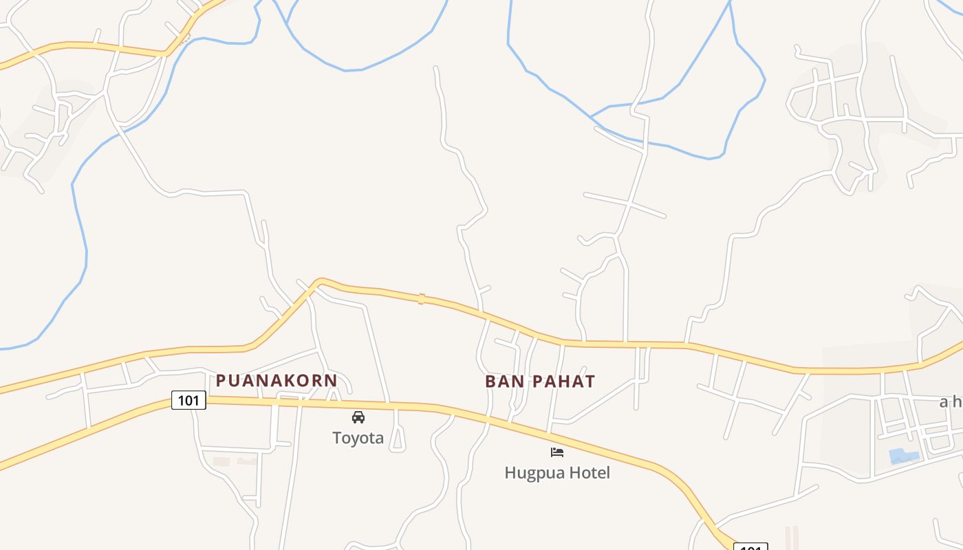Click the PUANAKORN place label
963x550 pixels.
click(x=277, y=380)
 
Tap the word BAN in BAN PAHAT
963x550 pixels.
click(x=501, y=382)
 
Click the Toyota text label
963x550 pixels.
click(x=358, y=438)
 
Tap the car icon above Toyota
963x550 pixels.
click(x=358, y=417)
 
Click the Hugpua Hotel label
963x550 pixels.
click(x=557, y=473)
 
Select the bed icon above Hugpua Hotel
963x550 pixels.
click(x=557, y=452)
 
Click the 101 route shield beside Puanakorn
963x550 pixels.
click(x=188, y=400)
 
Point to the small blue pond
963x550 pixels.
click(x=903, y=456)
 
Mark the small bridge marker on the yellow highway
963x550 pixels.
click(x=421, y=298)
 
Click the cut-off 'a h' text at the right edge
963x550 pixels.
click(x=951, y=402)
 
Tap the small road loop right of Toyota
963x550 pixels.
click(x=397, y=441)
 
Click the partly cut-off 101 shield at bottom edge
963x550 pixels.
click(x=750, y=547)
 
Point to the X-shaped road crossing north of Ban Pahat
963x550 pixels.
click(x=628, y=203)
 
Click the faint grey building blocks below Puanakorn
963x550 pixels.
click(x=234, y=461)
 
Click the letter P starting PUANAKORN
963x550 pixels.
click(x=221, y=380)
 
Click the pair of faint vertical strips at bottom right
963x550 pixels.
click(x=792, y=538)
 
